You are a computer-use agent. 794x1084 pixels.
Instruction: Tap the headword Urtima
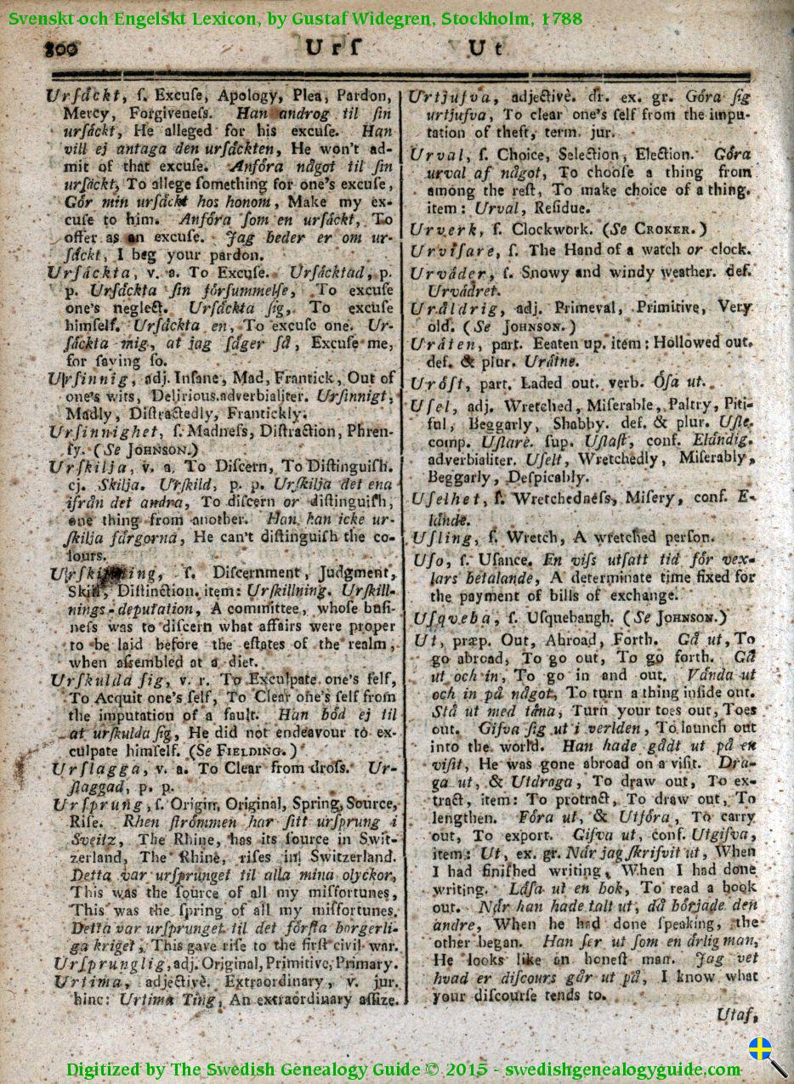point(81,981)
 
